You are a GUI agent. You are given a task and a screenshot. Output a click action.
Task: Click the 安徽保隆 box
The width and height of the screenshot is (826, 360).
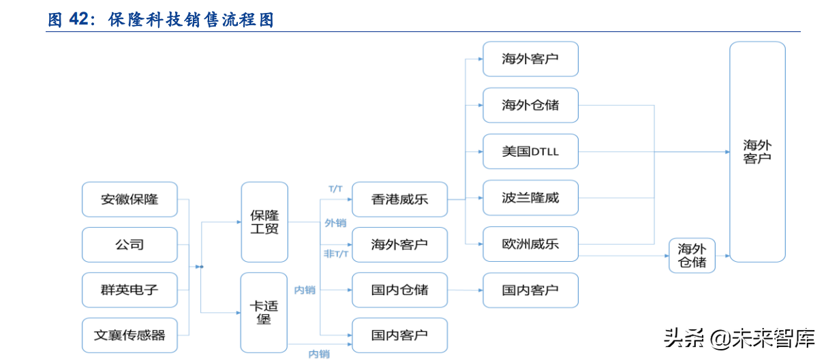click(129, 199)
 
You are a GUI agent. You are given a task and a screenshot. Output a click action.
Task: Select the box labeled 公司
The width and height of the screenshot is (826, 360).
click(129, 245)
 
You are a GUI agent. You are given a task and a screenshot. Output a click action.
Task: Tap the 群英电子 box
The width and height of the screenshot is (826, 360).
click(129, 290)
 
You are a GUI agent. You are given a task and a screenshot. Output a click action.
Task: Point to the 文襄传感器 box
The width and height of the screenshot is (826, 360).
click(129, 335)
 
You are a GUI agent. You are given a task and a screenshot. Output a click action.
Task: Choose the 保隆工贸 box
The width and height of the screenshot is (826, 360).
click(264, 222)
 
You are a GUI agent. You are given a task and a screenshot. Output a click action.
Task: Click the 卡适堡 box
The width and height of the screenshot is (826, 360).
click(264, 313)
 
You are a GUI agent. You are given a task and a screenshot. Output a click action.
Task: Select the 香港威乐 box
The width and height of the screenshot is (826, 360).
click(399, 199)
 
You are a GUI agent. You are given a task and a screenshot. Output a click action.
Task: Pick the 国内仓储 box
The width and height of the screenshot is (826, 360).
click(399, 290)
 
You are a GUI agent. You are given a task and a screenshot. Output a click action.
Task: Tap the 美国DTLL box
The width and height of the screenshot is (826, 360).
click(530, 151)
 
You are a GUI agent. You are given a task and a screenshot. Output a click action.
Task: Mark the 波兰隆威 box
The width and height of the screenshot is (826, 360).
click(530, 198)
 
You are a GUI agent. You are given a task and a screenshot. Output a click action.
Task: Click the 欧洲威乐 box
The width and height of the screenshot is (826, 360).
click(530, 244)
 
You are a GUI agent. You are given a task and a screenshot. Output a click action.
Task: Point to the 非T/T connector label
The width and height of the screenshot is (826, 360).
click(336, 254)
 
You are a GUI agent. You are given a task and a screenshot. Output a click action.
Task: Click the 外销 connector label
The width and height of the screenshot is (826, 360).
click(335, 223)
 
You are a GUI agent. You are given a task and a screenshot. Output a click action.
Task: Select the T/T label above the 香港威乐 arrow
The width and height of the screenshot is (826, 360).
click(335, 188)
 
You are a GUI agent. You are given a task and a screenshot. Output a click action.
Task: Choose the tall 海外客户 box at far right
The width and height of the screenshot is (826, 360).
click(757, 151)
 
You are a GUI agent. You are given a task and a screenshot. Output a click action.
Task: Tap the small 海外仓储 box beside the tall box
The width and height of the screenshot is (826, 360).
click(692, 256)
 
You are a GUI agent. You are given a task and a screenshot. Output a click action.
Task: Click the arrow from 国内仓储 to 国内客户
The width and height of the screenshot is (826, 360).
click(465, 290)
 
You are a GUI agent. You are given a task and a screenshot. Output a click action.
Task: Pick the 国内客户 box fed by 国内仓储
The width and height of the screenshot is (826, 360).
click(530, 290)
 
